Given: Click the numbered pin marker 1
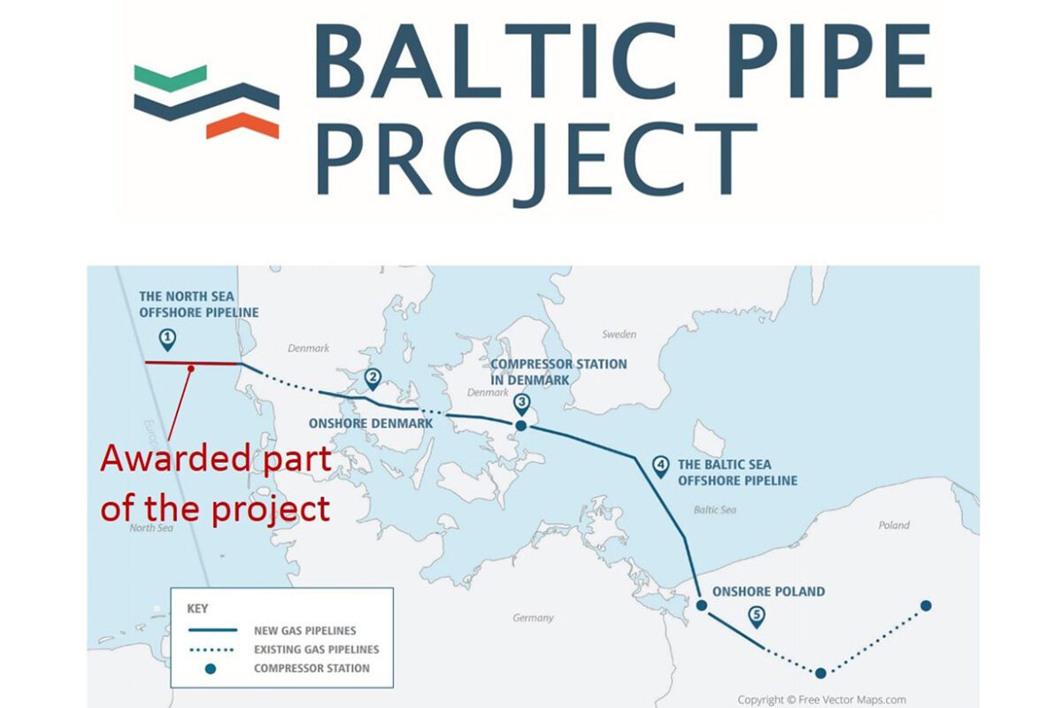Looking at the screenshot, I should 167,337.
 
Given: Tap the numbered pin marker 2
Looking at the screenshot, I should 373,379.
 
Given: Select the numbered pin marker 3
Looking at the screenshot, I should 521,404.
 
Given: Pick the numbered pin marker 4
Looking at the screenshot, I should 660,466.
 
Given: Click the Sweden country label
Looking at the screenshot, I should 619,335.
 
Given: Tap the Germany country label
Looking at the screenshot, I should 533,618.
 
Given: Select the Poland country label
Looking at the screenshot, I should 893,525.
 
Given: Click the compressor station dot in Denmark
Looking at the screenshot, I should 521,426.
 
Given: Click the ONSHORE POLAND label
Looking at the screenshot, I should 762,591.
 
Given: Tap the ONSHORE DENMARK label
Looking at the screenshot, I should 371,424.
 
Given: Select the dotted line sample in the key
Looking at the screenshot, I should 212,650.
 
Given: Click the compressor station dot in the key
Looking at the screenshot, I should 211,668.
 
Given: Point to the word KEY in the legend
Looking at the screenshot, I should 198,610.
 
